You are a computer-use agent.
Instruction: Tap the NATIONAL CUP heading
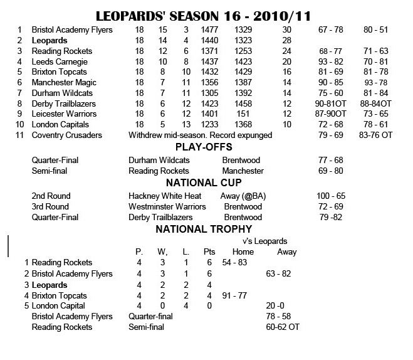click(x=204, y=183)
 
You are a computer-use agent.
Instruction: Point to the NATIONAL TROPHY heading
click(x=204, y=229)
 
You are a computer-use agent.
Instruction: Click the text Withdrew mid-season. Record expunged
click(x=201, y=135)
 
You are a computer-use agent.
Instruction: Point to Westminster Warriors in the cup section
click(x=167, y=207)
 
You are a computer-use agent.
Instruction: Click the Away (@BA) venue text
click(x=244, y=196)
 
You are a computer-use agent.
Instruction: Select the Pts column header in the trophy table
click(x=209, y=251)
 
